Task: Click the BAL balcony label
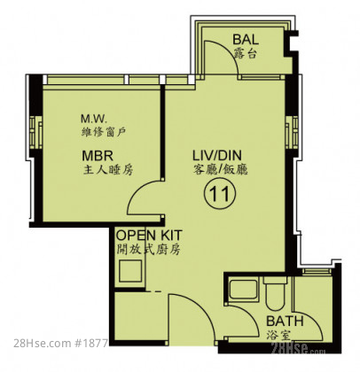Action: tap(246, 39)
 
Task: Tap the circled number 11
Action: tap(220, 193)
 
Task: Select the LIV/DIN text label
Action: tap(217, 155)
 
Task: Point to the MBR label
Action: tap(98, 155)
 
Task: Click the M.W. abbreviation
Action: tap(93, 119)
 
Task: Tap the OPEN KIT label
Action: tap(149, 236)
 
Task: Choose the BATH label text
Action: tap(285, 321)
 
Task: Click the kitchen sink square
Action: tap(130, 271)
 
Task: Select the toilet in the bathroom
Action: tap(275, 293)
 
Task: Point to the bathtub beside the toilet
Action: tap(244, 290)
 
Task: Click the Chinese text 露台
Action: tap(245, 53)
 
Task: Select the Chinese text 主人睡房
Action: tap(108, 170)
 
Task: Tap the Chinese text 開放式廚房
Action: tap(148, 250)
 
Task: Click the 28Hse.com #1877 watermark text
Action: tap(61, 343)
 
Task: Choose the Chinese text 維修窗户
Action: tap(104, 132)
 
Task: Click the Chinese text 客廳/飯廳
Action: tap(221, 169)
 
